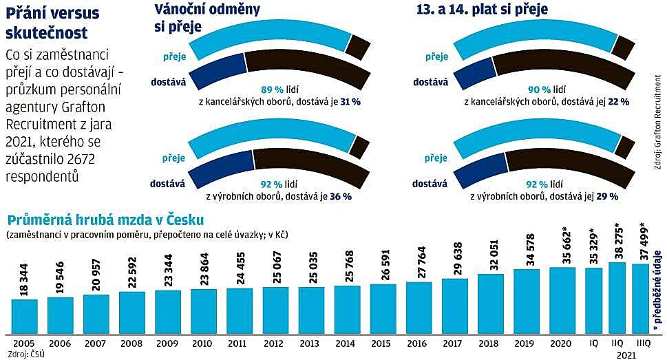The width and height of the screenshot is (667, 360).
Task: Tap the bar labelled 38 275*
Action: pyautogui.click(x=617, y=298)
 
